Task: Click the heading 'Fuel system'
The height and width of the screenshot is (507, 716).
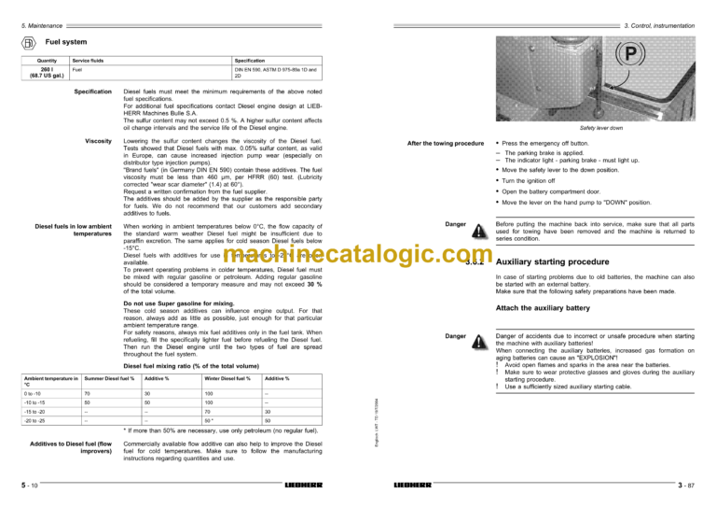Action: tap(66, 43)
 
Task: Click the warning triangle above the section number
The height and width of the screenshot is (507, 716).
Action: tap(478, 232)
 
